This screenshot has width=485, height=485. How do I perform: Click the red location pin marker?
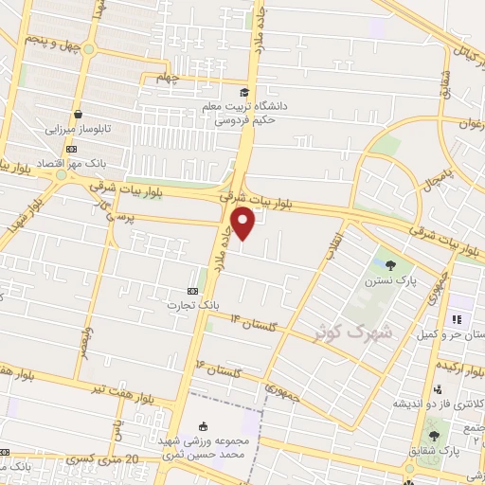click(x=244, y=224)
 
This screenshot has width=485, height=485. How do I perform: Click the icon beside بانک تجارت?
click(x=193, y=291)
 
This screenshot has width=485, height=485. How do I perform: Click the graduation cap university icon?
click(x=245, y=92)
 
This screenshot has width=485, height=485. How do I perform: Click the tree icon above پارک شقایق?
click(x=434, y=436)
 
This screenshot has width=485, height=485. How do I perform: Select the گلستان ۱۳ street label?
click(x=250, y=325)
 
